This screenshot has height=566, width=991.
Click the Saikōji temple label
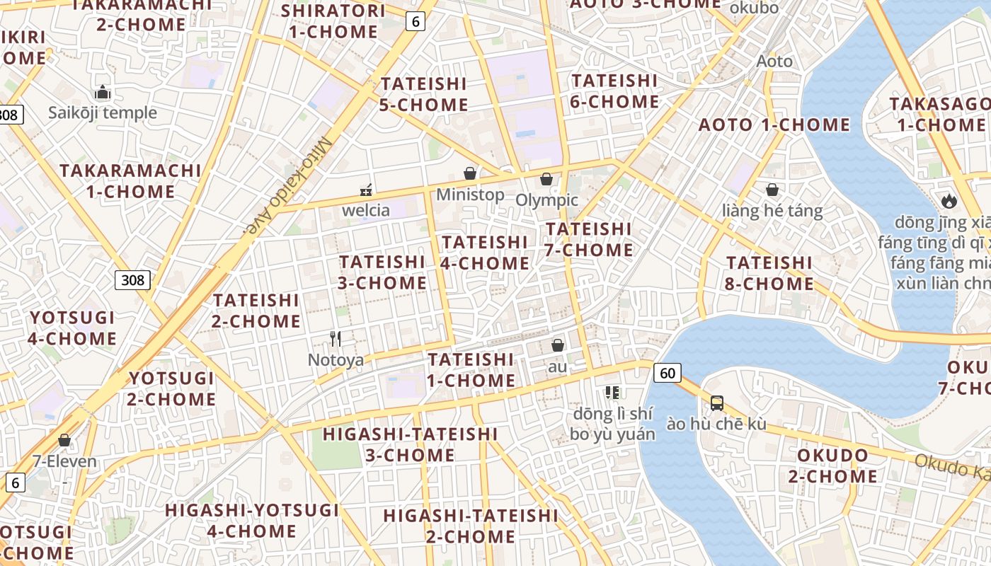tap(103, 112)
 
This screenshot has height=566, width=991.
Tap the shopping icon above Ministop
tap(470, 173)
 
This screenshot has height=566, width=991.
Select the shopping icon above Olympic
tap(546, 179)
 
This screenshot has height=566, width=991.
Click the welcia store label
tap(366, 210)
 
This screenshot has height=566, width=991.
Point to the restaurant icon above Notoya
tap(336, 339)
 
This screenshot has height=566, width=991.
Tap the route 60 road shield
tap(668, 372)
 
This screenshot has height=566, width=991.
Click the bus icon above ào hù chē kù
tap(716, 403)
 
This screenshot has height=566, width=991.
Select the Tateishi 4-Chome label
tap(486, 253)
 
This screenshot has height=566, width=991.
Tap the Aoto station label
tap(774, 62)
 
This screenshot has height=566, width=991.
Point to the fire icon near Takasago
tap(949, 201)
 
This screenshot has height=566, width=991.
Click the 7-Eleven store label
tap(64, 461)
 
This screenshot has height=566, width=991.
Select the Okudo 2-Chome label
tap(832, 466)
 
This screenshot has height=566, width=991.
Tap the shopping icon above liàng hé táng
tap(772, 190)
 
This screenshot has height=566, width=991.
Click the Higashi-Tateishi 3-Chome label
tap(411, 444)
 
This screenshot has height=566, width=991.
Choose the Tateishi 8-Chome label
tap(769, 273)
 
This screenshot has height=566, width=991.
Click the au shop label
tap(558, 367)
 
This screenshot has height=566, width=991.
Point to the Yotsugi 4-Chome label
tap(72, 328)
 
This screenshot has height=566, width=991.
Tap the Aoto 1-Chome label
tap(774, 125)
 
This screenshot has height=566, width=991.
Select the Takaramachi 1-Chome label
tap(130, 181)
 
